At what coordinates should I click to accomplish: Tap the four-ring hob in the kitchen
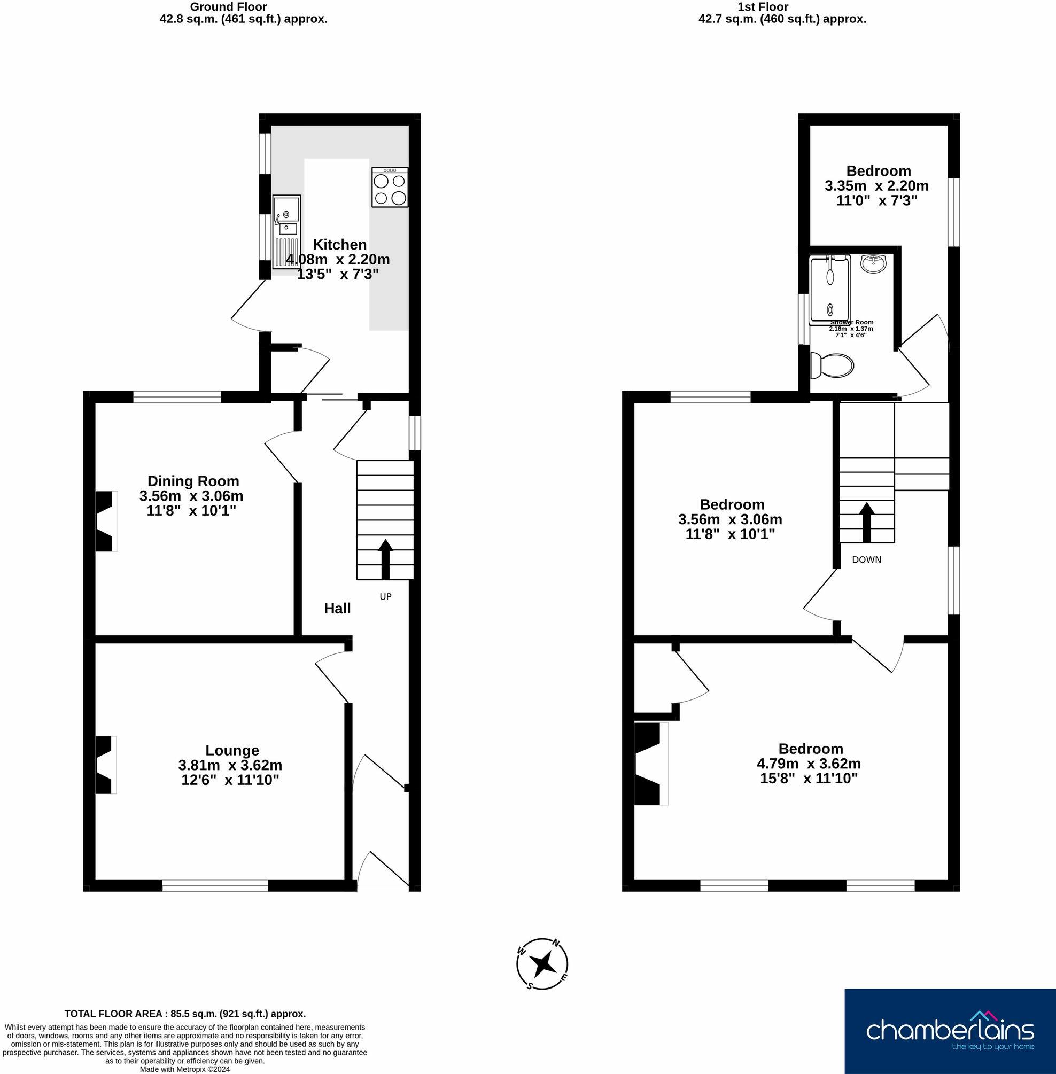[390, 188]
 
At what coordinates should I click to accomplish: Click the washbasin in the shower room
[874, 263]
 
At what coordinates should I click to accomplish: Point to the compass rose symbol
[542, 965]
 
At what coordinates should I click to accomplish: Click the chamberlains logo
[950, 1031]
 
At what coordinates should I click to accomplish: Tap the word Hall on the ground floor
[337, 608]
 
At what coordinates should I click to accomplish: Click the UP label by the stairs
[385, 597]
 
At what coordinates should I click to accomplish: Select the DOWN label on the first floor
[866, 559]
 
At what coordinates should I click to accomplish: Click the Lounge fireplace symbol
[106, 765]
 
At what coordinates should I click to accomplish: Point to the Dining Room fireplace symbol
[106, 521]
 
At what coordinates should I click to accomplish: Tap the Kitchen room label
[339, 245]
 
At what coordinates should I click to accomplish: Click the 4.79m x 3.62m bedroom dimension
[809, 764]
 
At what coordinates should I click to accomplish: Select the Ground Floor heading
[228, 7]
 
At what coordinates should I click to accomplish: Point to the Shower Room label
[851, 322]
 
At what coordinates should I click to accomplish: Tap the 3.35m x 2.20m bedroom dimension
[876, 186]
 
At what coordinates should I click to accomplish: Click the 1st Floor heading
[763, 7]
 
